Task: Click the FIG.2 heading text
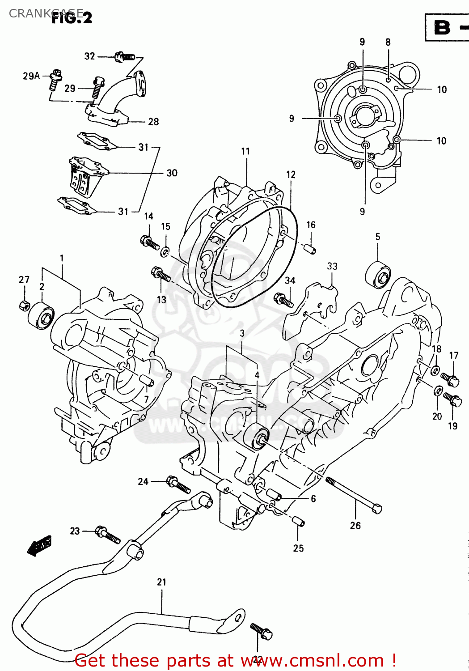pos(72,17)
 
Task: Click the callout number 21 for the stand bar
pos(161,582)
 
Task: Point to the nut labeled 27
pos(25,306)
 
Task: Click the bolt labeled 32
pos(125,57)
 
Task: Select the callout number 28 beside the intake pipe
pos(153,122)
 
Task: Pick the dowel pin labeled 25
pos(298,522)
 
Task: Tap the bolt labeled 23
pos(108,534)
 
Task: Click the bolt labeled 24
pos(178,484)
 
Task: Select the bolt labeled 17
pos(450,379)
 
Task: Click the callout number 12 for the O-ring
pos(291,174)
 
